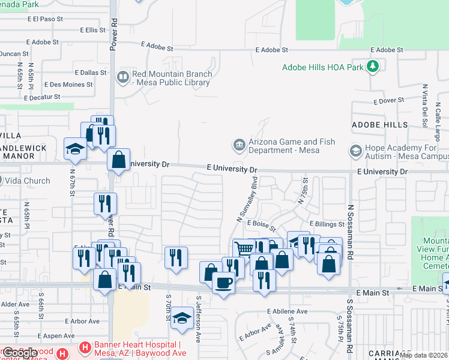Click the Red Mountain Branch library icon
pyautogui.click(x=123, y=76)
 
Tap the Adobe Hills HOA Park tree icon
pyautogui.click(x=373, y=66)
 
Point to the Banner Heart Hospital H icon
pyautogui.click(x=85, y=347)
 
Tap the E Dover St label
pyautogui.click(x=387, y=101)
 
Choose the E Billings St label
pyautogui.click(x=327, y=224)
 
